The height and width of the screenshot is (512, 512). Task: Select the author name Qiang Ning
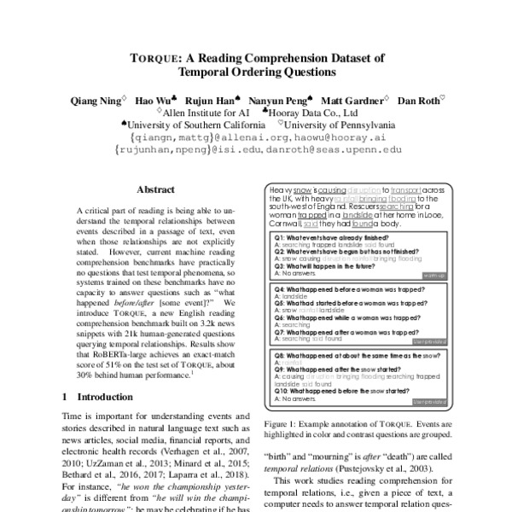[x=94, y=101]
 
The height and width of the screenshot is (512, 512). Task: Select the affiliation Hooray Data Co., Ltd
[x=315, y=112]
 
